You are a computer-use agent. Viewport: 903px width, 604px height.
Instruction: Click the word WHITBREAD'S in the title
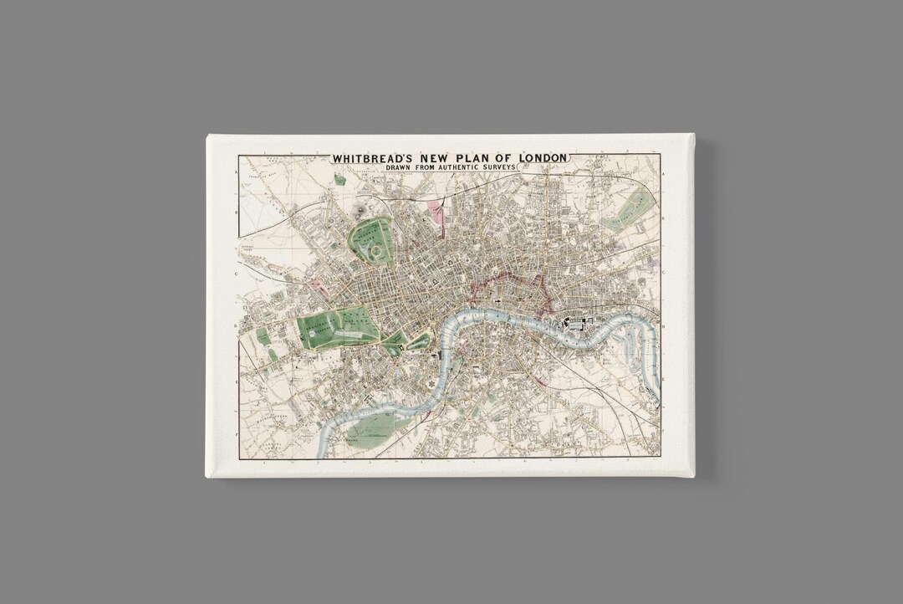coord(372,157)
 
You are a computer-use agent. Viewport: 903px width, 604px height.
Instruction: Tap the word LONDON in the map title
coord(541,157)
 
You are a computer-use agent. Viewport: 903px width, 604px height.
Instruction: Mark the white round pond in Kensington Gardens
coord(319,332)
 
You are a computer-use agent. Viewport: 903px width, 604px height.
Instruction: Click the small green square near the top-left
coord(339,179)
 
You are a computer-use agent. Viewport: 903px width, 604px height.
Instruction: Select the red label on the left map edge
coord(247,249)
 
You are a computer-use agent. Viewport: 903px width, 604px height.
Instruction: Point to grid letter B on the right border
coord(662,213)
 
